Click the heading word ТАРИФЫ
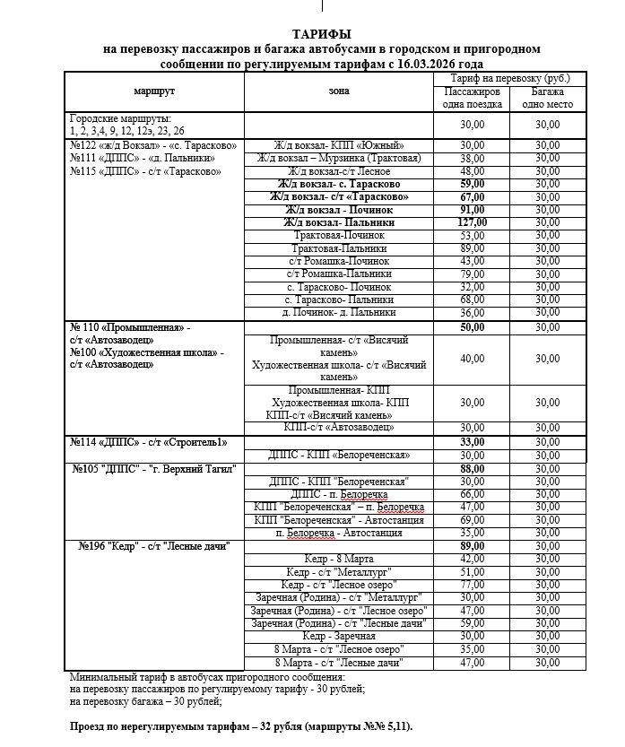321,34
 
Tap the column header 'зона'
339,91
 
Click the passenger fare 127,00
472,222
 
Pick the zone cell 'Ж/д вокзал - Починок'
339,209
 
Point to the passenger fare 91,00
472,209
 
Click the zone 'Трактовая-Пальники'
339,248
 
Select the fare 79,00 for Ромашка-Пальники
472,274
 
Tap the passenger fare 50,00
472,327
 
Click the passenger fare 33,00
472,442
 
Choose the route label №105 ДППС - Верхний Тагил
156,469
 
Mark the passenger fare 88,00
472,469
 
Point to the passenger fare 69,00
472,519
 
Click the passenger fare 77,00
472,584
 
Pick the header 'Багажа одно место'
547,98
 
